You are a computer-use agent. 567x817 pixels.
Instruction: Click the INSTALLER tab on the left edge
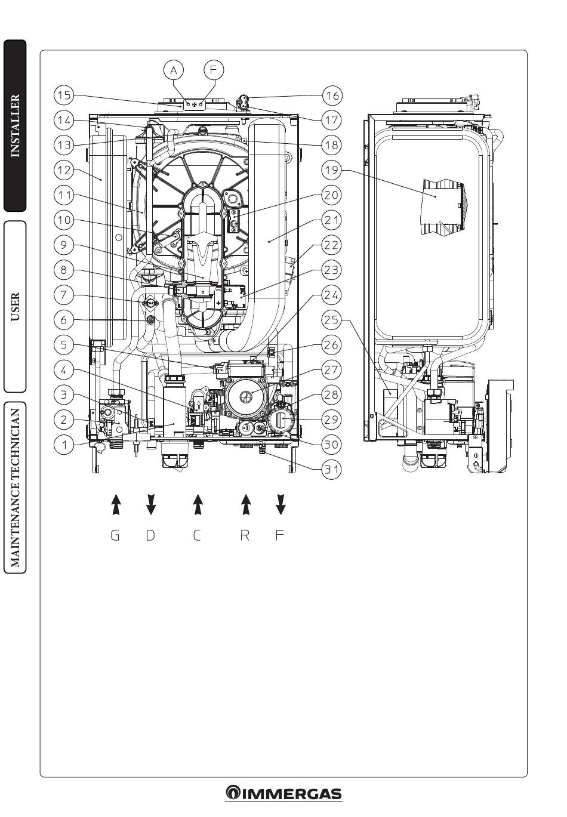(x=15, y=125)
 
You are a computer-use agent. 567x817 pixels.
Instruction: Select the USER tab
(x=15, y=306)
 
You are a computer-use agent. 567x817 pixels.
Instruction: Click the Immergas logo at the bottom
(x=283, y=794)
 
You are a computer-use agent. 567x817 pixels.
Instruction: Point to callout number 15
(x=64, y=95)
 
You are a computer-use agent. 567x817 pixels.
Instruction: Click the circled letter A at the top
(x=174, y=70)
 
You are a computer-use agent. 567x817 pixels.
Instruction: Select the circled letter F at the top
(x=213, y=70)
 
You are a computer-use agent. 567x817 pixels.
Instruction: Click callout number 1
(x=64, y=445)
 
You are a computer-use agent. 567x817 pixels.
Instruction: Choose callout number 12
(x=64, y=170)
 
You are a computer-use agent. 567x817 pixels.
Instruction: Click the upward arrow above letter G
(x=116, y=504)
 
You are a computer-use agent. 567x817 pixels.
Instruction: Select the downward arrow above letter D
(x=151, y=504)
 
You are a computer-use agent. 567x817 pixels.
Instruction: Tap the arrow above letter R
(x=245, y=504)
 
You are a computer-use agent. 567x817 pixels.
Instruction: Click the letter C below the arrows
(x=197, y=535)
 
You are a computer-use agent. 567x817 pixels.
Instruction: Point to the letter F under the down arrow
(x=280, y=535)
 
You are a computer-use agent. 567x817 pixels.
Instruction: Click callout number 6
(x=64, y=320)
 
